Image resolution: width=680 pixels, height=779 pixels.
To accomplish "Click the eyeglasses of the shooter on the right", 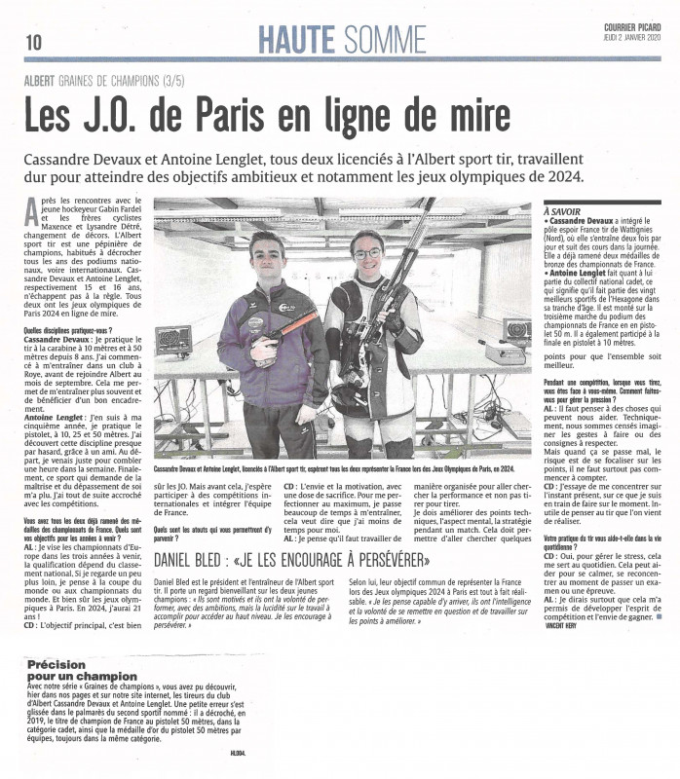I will click(367, 254).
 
